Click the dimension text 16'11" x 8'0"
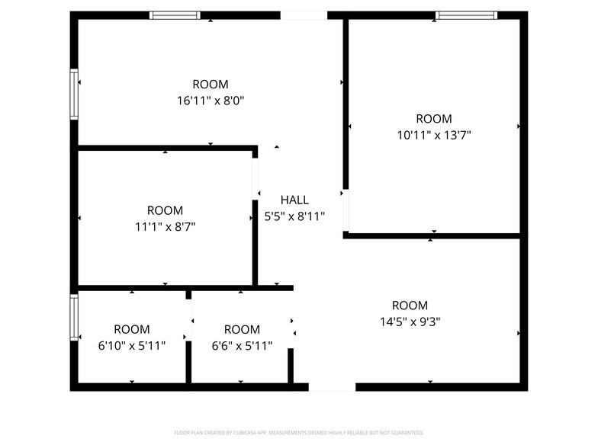(210, 100)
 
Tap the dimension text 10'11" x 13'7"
(433, 135)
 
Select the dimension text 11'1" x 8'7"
(165, 226)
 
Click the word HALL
(294, 200)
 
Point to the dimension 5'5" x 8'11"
(294, 216)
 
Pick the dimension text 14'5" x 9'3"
(410, 322)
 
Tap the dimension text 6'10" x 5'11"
(132, 345)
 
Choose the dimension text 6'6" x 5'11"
(242, 345)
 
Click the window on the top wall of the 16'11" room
(175, 14)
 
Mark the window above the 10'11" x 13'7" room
(466, 14)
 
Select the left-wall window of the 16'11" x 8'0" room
(74, 94)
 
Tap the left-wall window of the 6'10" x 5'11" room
(74, 318)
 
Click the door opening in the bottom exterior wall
(332, 387)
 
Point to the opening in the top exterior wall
(304, 14)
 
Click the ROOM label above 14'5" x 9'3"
(410, 306)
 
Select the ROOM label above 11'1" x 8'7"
(165, 210)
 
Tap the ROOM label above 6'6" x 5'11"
(242, 329)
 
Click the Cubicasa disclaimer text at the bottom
(299, 432)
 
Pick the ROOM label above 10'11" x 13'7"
(433, 119)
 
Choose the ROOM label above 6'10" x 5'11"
(132, 329)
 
